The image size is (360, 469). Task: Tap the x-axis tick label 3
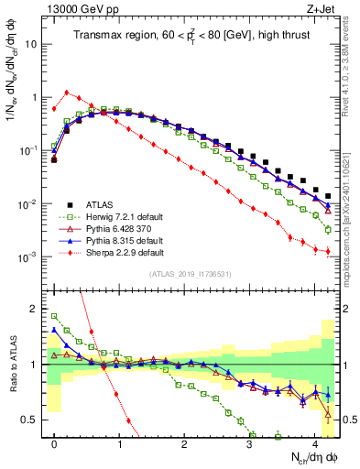(250, 442)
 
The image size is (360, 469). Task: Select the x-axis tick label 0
(55, 442)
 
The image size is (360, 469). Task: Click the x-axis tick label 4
(315, 442)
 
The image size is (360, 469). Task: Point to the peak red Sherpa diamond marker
(67, 92)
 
